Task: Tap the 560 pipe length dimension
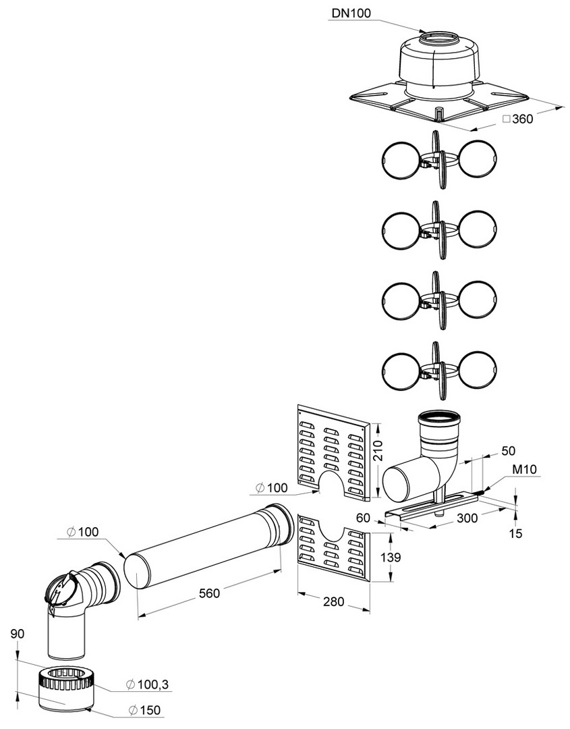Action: tap(210, 594)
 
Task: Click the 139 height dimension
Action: tap(391, 557)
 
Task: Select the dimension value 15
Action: tap(516, 533)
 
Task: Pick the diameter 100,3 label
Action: tap(148, 685)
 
